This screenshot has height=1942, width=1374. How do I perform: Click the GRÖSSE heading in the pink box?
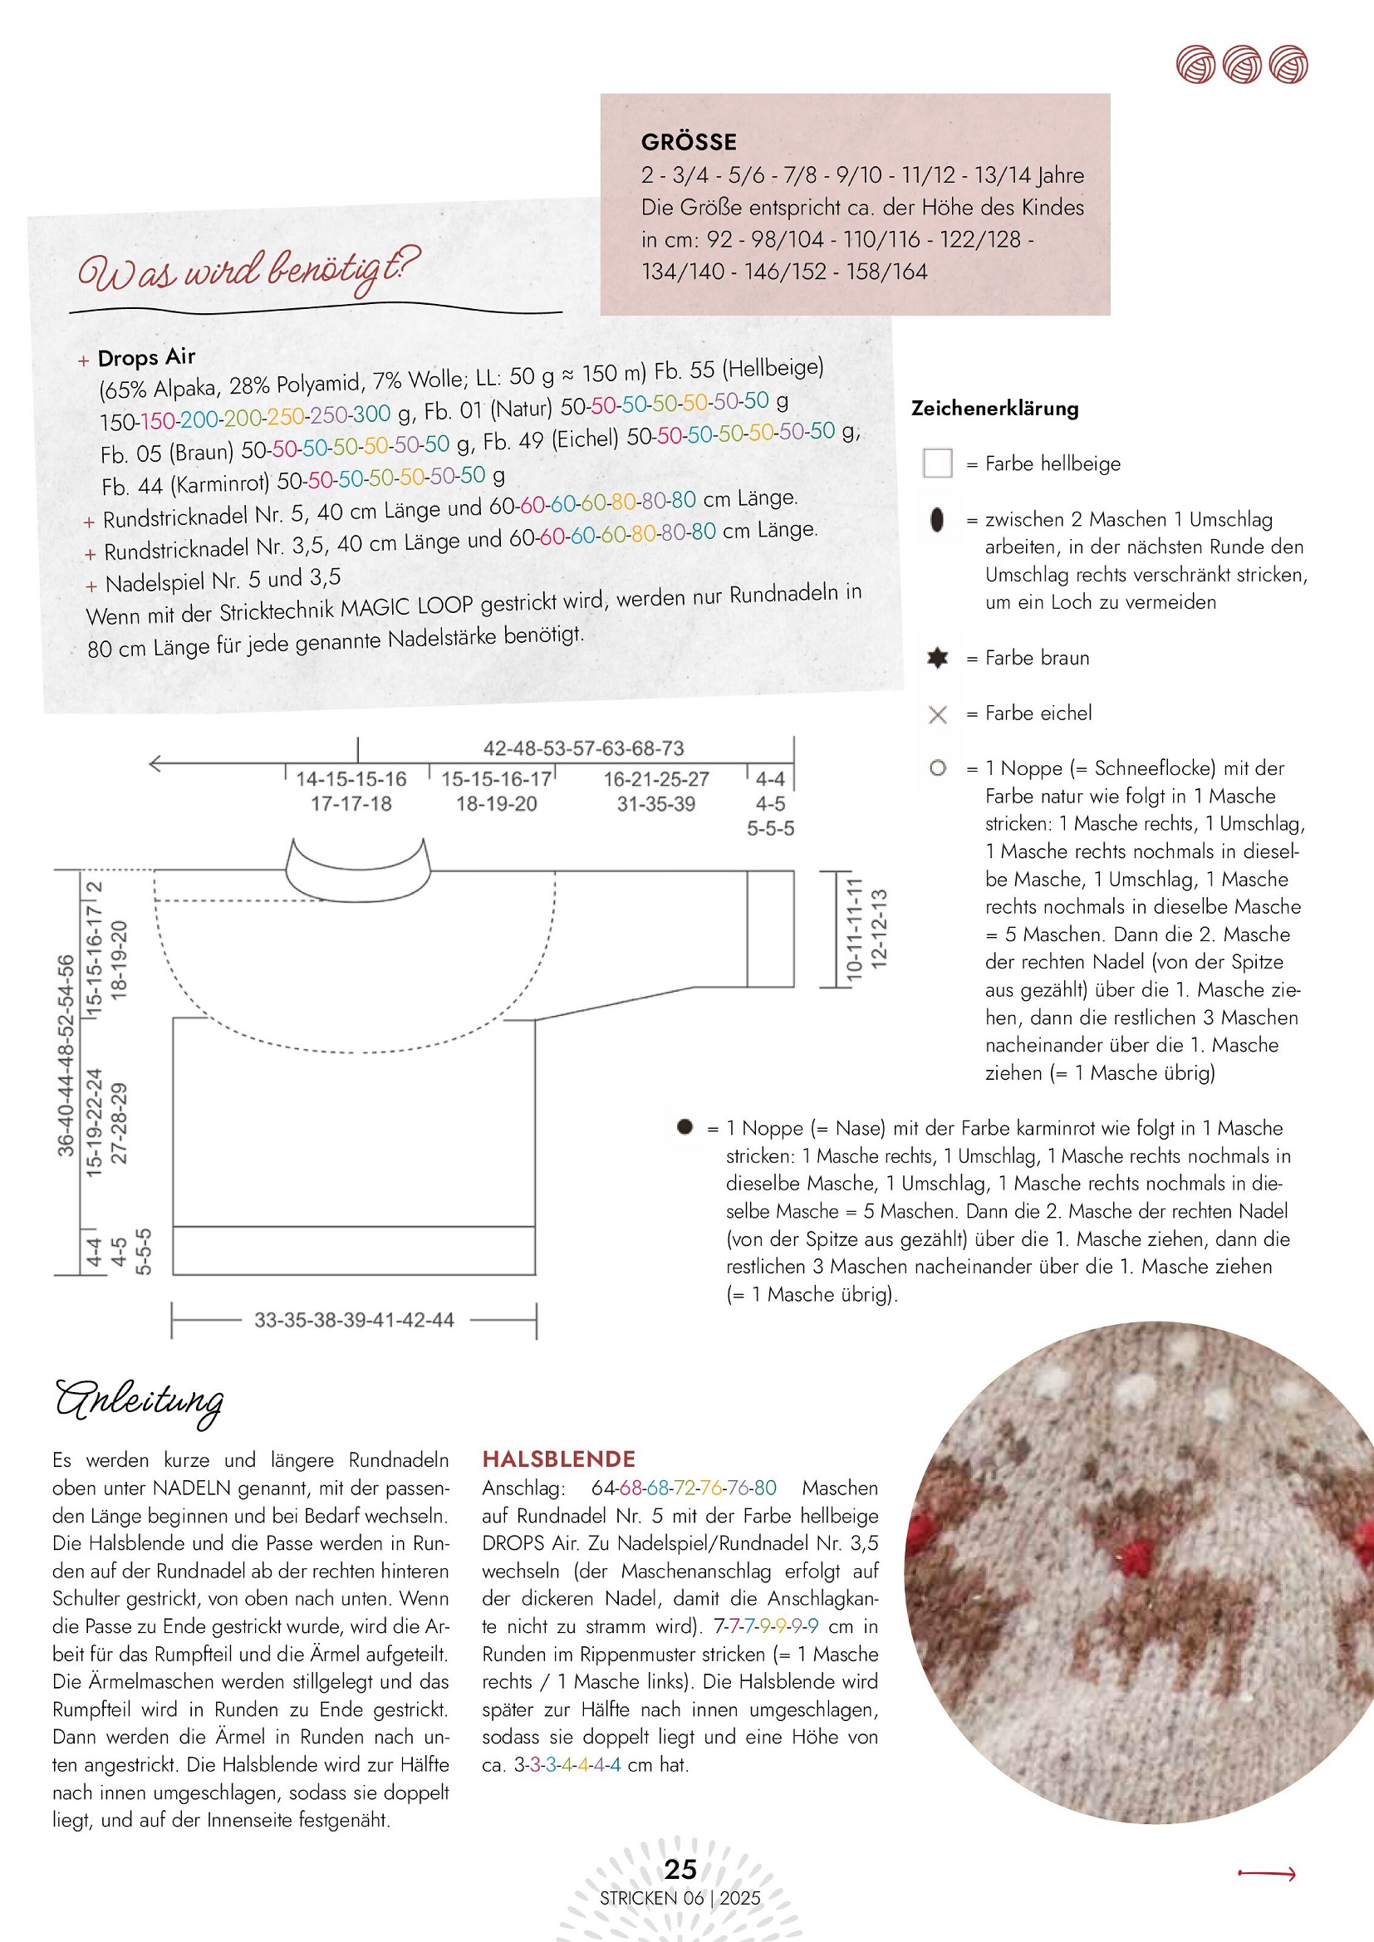(689, 141)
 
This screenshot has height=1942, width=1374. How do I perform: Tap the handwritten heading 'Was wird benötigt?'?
(248, 271)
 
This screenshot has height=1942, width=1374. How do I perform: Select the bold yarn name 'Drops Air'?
(146, 358)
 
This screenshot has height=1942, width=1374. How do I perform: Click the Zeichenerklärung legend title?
(994, 409)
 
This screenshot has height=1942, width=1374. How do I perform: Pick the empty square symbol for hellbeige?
(937, 463)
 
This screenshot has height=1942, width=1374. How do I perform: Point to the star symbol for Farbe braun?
(937, 657)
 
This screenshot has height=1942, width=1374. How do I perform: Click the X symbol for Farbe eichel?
(937, 714)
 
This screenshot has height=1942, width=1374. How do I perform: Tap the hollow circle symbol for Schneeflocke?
(937, 768)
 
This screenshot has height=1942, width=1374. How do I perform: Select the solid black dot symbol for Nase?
(685, 1126)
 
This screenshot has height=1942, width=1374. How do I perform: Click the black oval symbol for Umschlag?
(936, 519)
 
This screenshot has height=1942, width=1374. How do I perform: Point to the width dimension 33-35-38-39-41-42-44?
(354, 1321)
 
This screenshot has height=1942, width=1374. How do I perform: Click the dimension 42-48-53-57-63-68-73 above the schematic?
(583, 748)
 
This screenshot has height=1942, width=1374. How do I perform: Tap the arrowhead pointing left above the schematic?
(155, 764)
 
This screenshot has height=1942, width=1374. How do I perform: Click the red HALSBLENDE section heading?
(558, 1459)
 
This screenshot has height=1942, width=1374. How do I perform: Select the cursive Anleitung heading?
(140, 1400)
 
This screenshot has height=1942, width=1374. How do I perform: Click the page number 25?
(680, 1869)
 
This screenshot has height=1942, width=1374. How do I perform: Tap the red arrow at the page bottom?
(1267, 1875)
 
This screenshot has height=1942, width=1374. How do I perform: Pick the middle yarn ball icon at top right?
(1242, 64)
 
